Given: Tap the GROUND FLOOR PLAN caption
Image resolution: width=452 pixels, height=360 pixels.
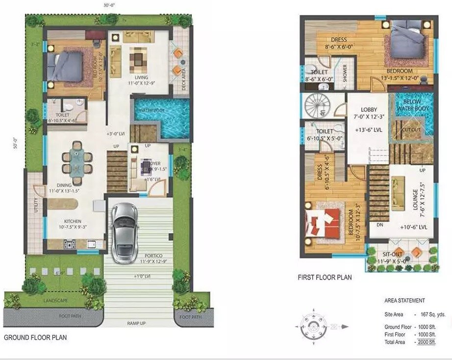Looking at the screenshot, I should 35,337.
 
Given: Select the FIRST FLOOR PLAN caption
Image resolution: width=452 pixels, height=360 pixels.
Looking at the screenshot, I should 325,278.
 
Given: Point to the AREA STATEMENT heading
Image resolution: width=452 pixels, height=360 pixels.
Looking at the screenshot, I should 404,301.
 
